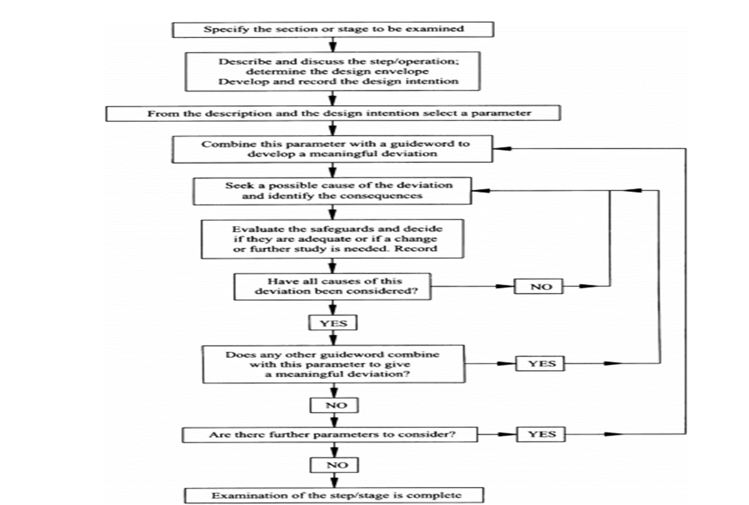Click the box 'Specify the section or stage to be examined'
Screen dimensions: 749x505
coord(333,29)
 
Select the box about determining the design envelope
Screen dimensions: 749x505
coord(333,71)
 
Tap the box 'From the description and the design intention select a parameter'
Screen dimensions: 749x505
coord(333,113)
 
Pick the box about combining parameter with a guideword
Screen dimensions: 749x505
coord(332,149)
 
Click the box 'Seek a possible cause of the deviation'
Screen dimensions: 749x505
coord(332,191)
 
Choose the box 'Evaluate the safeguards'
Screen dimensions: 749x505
coord(332,239)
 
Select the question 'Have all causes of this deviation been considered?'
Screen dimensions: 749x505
coord(332,287)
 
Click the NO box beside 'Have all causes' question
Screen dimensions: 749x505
coord(539,286)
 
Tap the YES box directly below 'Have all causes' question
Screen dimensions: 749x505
coord(333,323)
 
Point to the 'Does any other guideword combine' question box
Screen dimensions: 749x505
coord(333,364)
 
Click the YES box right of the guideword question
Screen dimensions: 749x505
coord(540,363)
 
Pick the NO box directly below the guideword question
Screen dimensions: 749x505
coord(334,405)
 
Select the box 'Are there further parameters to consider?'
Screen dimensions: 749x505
coord(330,435)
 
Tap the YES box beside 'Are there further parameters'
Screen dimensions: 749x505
coord(541,434)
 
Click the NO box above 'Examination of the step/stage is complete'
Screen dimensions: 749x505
coord(334,465)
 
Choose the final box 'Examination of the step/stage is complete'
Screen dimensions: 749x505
coord(334,495)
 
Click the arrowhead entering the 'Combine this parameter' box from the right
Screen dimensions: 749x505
coord(502,149)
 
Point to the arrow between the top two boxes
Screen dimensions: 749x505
coord(333,44)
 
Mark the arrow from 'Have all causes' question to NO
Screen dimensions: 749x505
coord(472,286)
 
